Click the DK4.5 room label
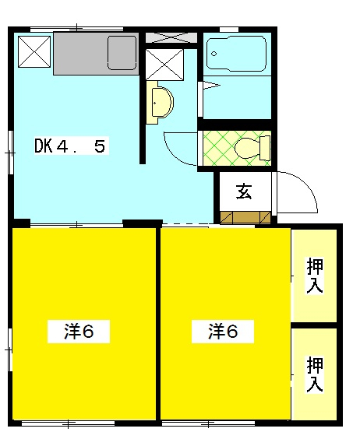tap(69, 146)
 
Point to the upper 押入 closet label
tap(315, 276)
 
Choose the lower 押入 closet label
tap(315, 374)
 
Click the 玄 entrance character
tap(243, 192)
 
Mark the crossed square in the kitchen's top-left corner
tap(34, 51)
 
